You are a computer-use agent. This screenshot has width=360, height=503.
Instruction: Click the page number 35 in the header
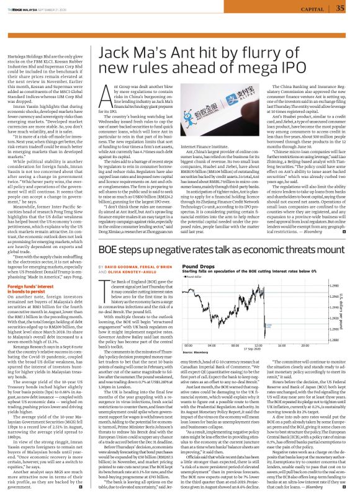[340, 8]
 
